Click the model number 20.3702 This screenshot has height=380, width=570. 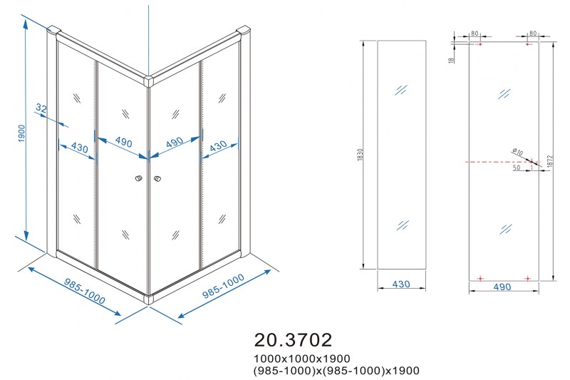[x=293, y=340]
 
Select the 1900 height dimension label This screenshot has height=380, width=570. [x=21, y=133]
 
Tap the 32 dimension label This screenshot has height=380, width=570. [x=41, y=108]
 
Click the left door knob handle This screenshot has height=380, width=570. [x=138, y=178]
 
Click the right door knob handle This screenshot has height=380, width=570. [x=157, y=178]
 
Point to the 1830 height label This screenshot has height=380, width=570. [x=361, y=155]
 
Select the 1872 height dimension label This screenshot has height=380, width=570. [x=549, y=161]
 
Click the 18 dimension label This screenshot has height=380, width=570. [x=452, y=60]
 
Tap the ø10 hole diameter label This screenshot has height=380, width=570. [x=517, y=151]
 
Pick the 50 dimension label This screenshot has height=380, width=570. [x=516, y=168]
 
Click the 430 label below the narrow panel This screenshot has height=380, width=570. [x=401, y=284]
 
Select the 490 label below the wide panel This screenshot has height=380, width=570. [x=502, y=287]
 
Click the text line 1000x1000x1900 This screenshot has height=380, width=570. [x=302, y=359]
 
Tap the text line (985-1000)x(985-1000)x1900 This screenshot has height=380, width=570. [x=336, y=371]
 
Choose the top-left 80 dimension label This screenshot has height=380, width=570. [x=475, y=34]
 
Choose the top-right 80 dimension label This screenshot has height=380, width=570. [x=533, y=34]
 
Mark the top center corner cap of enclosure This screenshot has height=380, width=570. [x=149, y=81]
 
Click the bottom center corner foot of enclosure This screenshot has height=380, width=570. [x=148, y=299]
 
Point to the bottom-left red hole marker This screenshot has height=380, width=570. [x=480, y=279]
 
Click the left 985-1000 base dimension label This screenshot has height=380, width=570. [x=84, y=291]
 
